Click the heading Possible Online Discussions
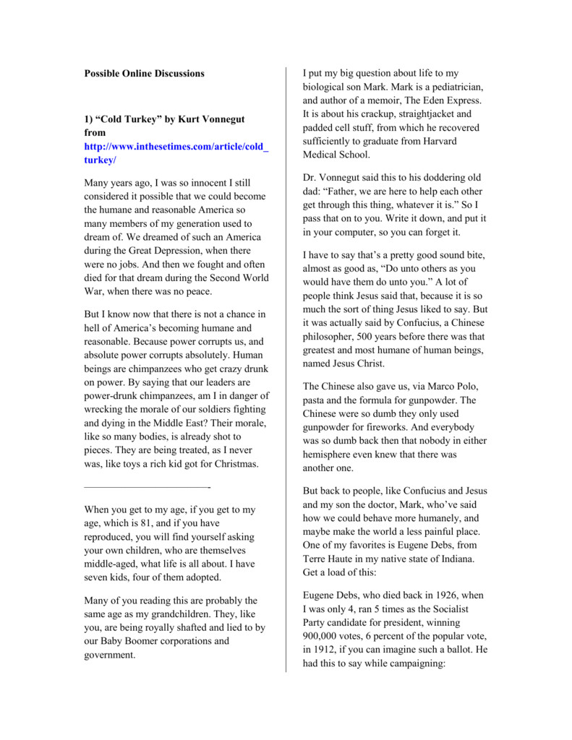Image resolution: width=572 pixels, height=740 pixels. (145, 73)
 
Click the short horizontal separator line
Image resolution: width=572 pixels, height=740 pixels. (147, 487)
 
